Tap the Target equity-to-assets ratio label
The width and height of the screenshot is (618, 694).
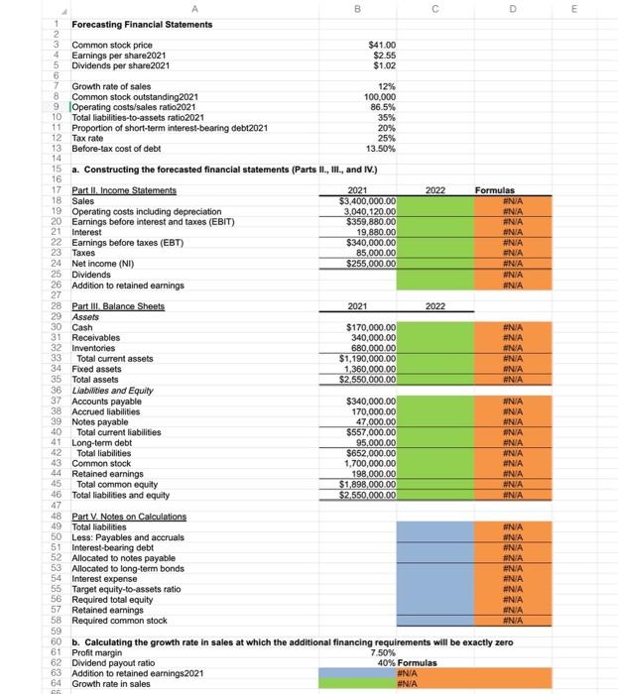pos(133,588)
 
